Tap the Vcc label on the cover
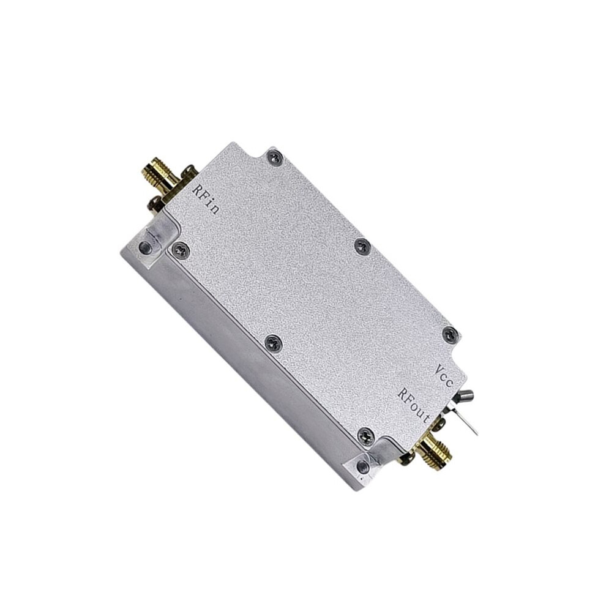[443, 375]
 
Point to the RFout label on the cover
[414, 406]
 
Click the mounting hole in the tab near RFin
[145, 245]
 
